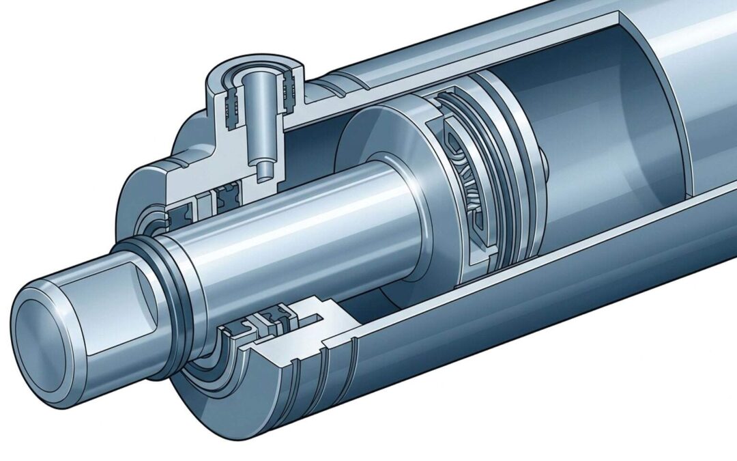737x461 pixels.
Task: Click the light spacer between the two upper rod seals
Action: point(205,204)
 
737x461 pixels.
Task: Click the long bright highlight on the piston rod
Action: point(287,225)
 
